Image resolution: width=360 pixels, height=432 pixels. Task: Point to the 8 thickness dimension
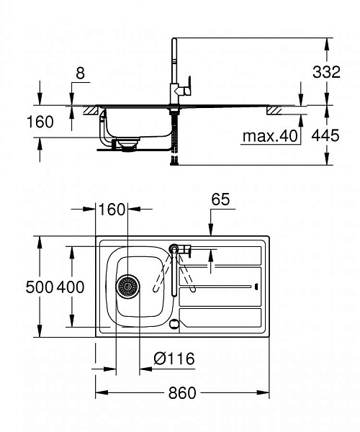pos(79,72)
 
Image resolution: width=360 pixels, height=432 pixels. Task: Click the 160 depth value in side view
pos(40,122)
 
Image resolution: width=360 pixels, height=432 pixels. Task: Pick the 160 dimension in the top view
pos(112,210)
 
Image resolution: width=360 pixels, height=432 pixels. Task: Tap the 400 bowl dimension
pos(71,287)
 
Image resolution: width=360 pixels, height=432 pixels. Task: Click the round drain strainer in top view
pos(128,287)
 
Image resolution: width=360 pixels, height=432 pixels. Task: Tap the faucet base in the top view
pos(174,248)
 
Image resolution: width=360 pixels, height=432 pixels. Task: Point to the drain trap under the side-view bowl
pos(127,145)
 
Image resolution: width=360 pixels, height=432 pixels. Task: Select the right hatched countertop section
pos(276,111)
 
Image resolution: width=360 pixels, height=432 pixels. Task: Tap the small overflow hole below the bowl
pos(174,324)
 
